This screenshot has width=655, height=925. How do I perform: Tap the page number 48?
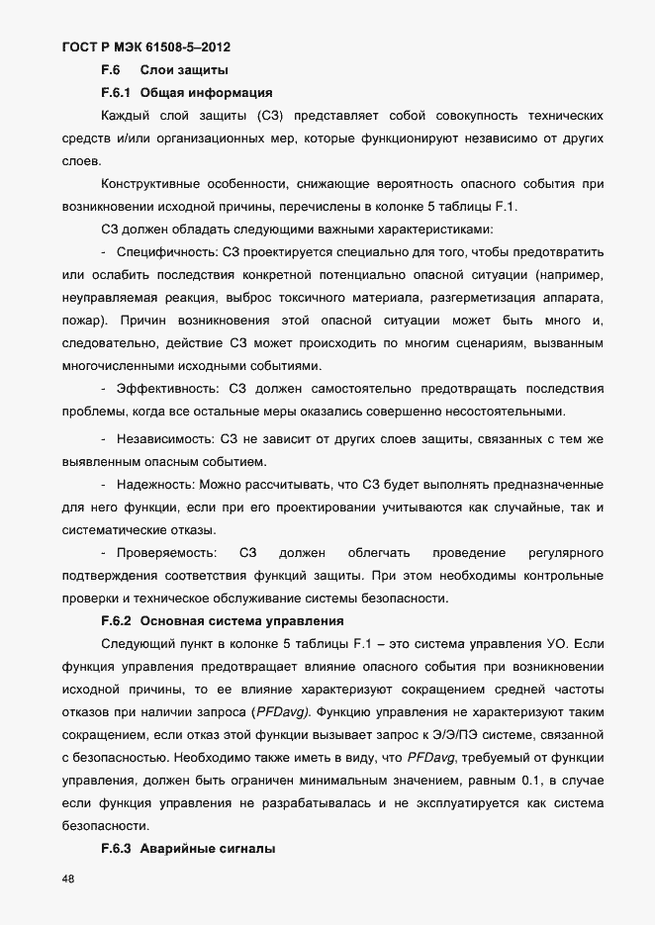[x=68, y=879]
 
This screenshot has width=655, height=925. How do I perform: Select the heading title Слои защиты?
[x=184, y=70]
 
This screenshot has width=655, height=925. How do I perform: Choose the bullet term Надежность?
[x=155, y=485]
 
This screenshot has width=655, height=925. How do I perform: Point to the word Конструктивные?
[x=150, y=184]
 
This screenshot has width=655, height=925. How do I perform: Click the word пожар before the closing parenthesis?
[x=80, y=321]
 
